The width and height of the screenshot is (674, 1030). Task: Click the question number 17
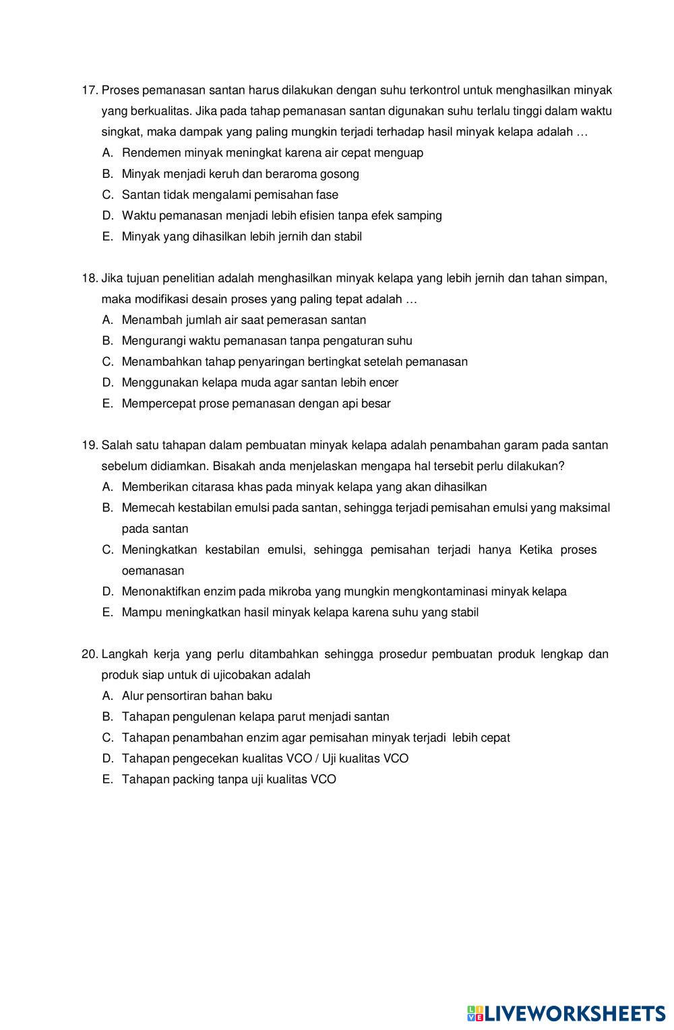tap(90, 90)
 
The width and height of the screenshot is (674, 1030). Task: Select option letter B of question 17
tap(107, 174)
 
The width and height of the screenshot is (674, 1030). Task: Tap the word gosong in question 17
tap(339, 174)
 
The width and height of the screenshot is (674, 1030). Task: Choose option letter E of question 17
tap(107, 236)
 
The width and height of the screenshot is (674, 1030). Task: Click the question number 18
tap(90, 278)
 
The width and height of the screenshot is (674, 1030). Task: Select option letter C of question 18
tap(107, 362)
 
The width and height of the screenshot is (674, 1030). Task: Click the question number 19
tap(90, 445)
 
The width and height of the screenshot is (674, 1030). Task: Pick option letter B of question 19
tap(107, 507)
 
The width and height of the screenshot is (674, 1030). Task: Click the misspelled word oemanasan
tap(153, 571)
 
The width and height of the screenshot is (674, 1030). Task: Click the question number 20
tap(90, 654)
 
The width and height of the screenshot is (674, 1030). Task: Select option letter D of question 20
tap(107, 759)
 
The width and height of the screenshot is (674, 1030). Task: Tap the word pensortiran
tap(177, 696)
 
